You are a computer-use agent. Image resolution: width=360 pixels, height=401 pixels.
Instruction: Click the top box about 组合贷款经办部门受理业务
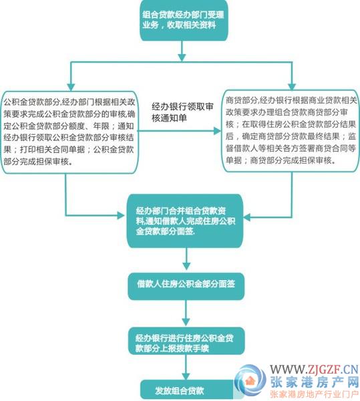coord(184,20)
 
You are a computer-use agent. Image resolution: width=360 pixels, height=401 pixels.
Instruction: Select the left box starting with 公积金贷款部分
coord(69,132)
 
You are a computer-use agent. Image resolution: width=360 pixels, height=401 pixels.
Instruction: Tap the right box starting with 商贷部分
coord(291,131)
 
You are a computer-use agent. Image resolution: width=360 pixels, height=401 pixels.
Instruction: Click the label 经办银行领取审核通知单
coord(182,112)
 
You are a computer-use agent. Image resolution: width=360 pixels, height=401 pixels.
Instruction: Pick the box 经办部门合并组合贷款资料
coord(185,221)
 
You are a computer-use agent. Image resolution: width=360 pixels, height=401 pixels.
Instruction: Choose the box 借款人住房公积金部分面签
coord(186,287)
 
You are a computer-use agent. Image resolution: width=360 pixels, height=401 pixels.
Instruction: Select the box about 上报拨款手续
coord(186,341)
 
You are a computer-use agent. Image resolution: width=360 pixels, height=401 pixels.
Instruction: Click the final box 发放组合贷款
coord(188,390)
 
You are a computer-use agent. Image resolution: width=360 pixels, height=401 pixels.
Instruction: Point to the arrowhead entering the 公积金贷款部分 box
coord(71,87)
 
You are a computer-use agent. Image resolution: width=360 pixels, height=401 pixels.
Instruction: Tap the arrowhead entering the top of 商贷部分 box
coord(292,86)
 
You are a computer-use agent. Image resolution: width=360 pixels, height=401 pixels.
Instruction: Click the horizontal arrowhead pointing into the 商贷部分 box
coord(217,131)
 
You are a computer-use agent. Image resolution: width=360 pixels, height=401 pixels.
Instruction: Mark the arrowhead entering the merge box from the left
coord(121,215)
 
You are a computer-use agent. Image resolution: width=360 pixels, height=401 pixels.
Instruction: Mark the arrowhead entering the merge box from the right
coord(247,218)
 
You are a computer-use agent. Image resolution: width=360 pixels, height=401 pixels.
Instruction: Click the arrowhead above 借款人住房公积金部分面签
coord(186,266)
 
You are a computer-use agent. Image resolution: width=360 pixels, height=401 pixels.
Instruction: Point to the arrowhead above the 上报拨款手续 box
coord(186,321)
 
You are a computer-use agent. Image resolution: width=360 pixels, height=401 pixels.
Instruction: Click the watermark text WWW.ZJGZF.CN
coord(315,370)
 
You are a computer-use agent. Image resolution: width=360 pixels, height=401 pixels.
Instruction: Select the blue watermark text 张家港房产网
coord(315,382)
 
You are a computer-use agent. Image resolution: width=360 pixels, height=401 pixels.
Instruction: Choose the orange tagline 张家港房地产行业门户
coord(315,394)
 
